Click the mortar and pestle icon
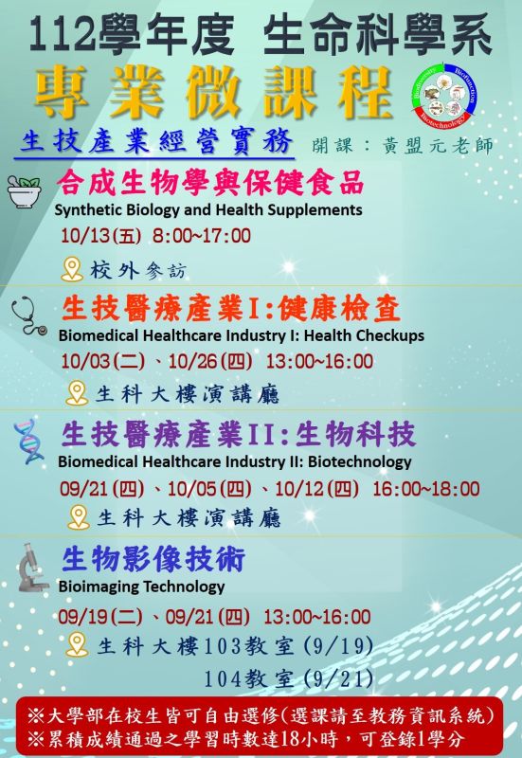coord(25,192)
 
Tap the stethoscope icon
coord(29,316)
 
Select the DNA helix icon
coord(28,442)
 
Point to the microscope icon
coord(32,567)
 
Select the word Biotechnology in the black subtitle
coord(360,461)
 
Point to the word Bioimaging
coord(98,587)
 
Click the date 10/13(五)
coord(101,236)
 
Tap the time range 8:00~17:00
coord(202,236)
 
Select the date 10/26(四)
coord(210,362)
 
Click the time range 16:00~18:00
coord(425,489)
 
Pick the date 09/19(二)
coord(100,617)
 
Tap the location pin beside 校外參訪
coord(72,270)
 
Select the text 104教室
coord(248,678)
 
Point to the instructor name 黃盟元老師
coord(438,146)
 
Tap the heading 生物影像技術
coord(153,559)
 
